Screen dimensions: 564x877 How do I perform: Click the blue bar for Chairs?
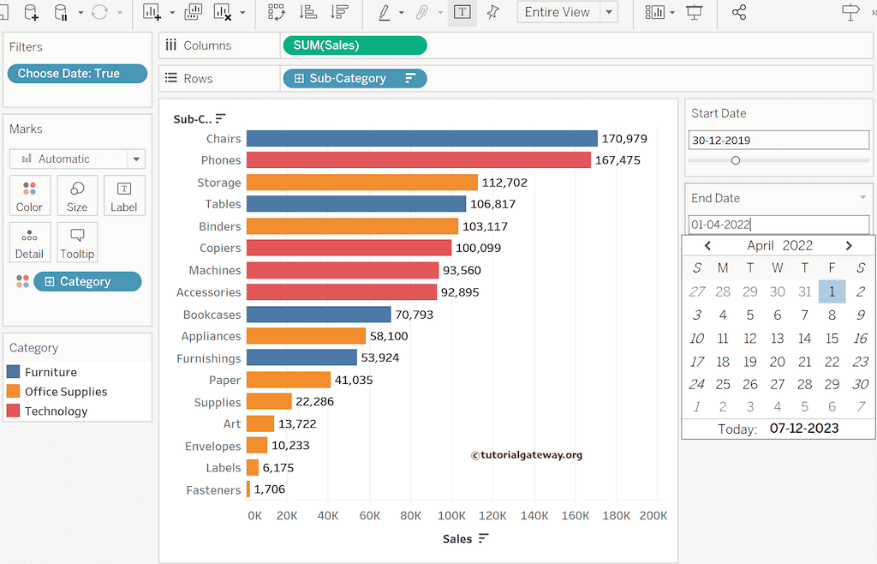(421, 138)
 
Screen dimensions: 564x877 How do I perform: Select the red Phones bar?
(418, 160)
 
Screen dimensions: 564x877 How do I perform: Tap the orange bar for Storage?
(361, 183)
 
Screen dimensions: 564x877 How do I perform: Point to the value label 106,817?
(492, 204)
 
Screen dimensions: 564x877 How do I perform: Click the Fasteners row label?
(213, 490)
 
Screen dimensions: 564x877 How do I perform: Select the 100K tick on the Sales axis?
(451, 516)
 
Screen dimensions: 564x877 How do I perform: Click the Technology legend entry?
(56, 411)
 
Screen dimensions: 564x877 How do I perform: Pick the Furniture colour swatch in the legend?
(13, 372)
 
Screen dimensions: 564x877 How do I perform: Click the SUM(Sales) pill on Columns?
(354, 45)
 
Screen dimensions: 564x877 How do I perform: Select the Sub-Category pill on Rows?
(354, 78)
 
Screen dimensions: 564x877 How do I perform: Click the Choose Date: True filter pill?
(77, 74)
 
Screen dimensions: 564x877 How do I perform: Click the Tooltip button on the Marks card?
(77, 243)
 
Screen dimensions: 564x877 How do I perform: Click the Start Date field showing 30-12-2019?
(778, 141)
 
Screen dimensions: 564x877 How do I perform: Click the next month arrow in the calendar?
(849, 246)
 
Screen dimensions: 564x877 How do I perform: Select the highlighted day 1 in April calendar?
(832, 291)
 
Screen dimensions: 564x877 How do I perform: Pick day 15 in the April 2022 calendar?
(832, 339)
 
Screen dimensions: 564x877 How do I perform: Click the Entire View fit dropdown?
(567, 12)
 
